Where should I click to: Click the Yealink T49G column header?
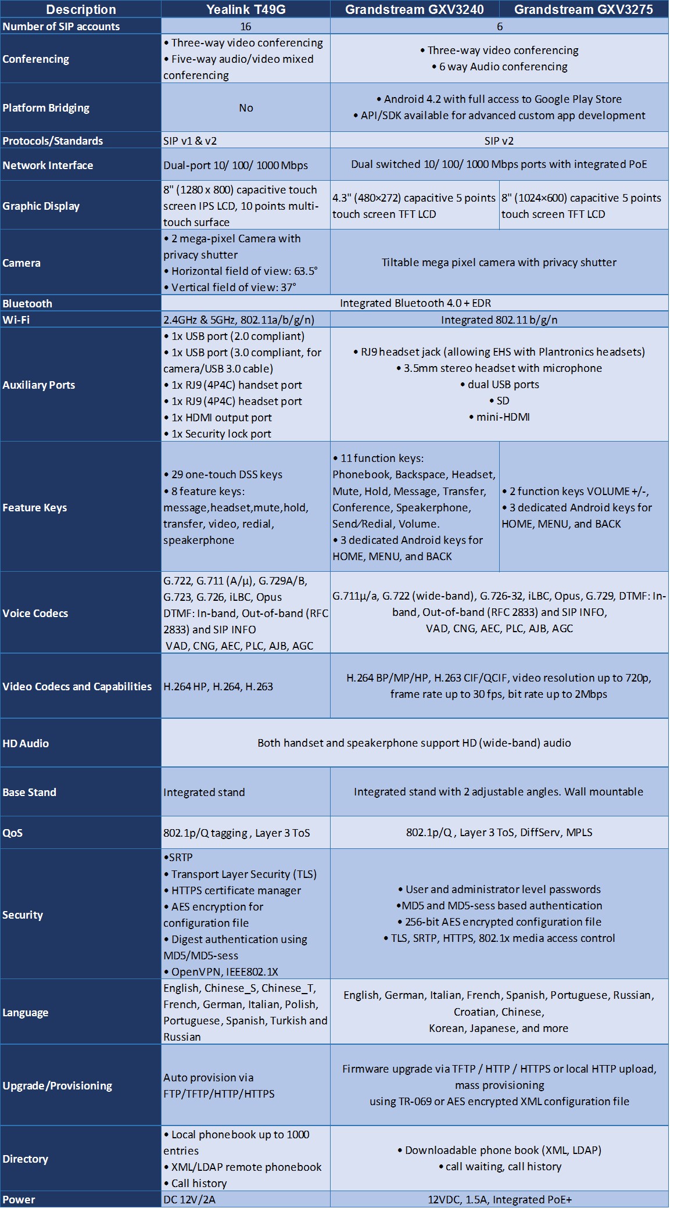[x=246, y=9]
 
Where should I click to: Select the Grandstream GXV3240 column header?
[x=414, y=9]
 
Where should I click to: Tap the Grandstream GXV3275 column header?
[x=583, y=9]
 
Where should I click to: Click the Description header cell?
[x=81, y=9]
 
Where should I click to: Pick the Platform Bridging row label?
[x=46, y=107]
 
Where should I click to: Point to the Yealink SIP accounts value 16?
[x=246, y=26]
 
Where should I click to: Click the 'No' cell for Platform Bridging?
[x=246, y=107]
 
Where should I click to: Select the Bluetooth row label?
[x=27, y=303]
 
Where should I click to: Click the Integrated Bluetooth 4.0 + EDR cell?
[x=415, y=303]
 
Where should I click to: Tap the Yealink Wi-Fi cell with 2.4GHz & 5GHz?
[x=239, y=320]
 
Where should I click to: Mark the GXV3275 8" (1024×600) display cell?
[x=581, y=206]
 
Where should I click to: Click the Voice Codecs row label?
[x=35, y=613]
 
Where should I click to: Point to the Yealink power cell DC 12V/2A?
[x=189, y=1199]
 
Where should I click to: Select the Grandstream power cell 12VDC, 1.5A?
[x=499, y=1199]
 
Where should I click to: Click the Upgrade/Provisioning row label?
[x=57, y=1085]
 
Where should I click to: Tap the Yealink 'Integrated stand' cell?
[x=204, y=792]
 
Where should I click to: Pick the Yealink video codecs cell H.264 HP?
[x=218, y=686]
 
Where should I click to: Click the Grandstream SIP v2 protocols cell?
[x=499, y=141]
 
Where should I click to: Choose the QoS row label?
[x=13, y=833]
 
